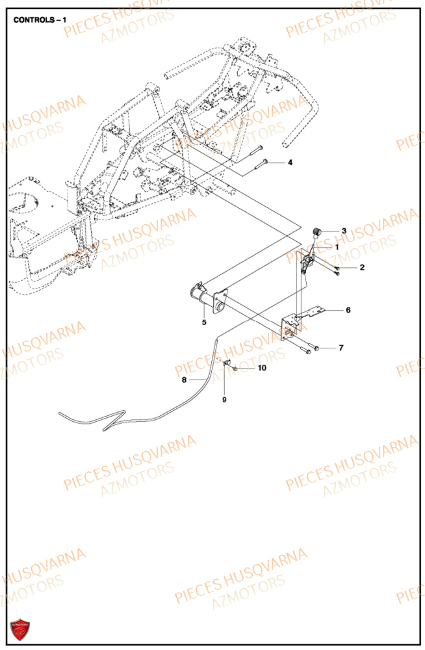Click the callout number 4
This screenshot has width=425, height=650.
(290, 162)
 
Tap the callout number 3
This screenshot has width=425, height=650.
(344, 231)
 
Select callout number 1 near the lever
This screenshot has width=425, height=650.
(337, 247)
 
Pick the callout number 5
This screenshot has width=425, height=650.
(203, 322)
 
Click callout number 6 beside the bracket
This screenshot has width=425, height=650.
(348, 310)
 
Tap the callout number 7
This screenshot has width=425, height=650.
(341, 348)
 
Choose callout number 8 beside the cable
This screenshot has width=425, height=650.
(184, 380)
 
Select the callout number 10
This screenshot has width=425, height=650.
(262, 368)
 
